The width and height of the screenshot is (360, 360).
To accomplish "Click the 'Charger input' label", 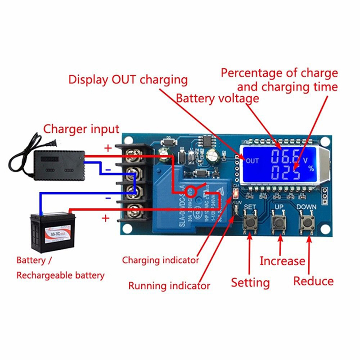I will [81, 129].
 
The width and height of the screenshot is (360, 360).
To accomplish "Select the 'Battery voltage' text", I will [217, 99].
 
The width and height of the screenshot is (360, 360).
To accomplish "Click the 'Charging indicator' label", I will [160, 260].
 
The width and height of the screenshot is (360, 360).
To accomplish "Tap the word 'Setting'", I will [250, 283].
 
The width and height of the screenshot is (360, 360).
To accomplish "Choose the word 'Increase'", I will [282, 261].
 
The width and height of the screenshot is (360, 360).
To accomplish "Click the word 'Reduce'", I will [313, 282].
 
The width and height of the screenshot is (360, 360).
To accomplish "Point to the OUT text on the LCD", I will [252, 161].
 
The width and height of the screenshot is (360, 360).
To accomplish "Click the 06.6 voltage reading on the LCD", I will [284, 157].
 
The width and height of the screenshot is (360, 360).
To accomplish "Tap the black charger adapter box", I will [58, 162].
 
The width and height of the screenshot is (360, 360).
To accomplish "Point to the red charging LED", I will [234, 194].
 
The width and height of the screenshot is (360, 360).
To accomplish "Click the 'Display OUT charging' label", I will [128, 80].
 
